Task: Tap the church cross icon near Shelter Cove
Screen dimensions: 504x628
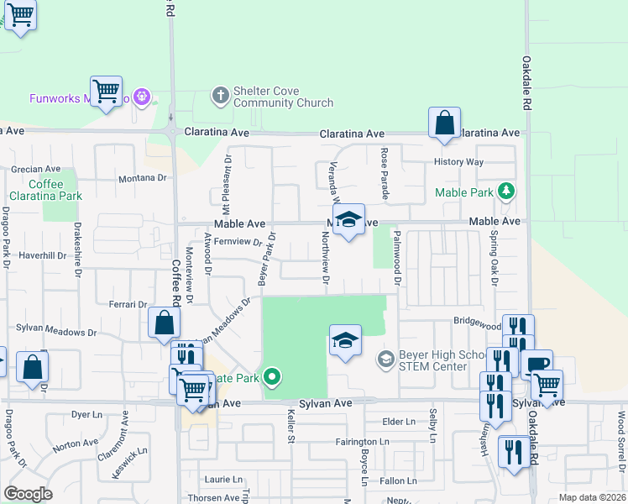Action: coord(220,94)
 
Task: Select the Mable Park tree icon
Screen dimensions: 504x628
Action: coord(505,192)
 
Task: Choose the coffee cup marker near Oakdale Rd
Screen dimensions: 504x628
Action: coord(536,364)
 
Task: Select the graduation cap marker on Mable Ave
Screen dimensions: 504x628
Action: coord(348,220)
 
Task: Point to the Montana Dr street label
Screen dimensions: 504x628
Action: coord(143,178)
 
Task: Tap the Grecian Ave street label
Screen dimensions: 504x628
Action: coord(36,169)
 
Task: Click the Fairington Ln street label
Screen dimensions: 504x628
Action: coord(361,442)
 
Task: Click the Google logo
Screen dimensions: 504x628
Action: coord(28,494)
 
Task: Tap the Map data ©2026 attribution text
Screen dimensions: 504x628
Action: coord(591,497)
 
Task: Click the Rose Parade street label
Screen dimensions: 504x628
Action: coord(385,174)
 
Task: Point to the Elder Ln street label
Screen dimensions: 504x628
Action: coord(398,422)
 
